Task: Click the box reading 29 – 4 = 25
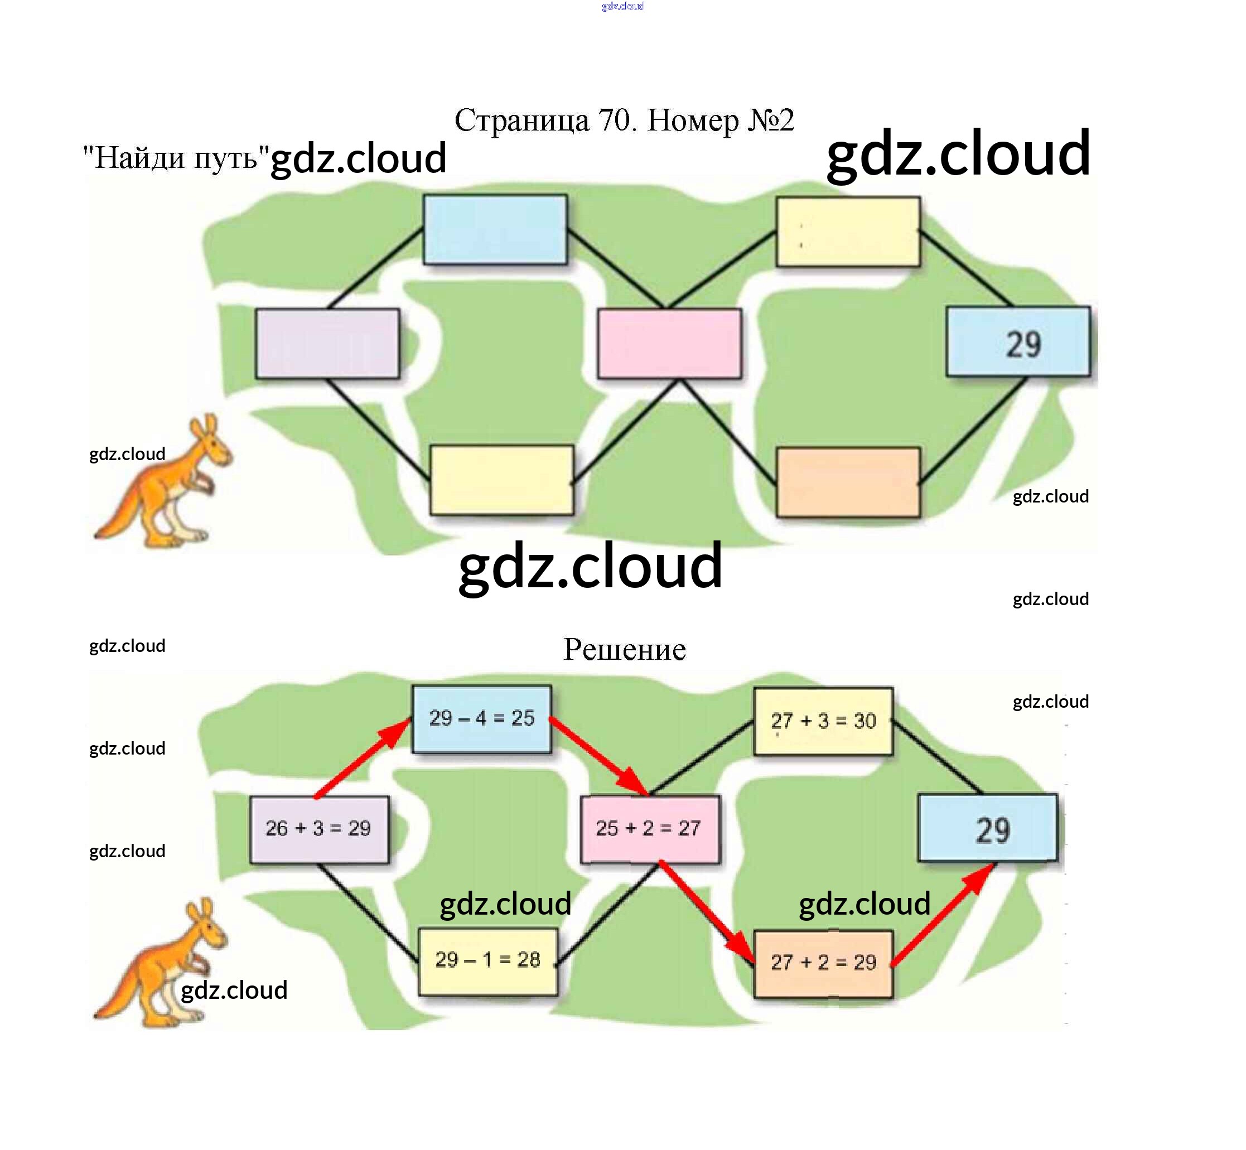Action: pyautogui.click(x=482, y=719)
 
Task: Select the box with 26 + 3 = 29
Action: pyautogui.click(x=318, y=829)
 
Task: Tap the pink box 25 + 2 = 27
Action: pyautogui.click(x=649, y=829)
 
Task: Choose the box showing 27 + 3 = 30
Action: pyautogui.click(x=823, y=721)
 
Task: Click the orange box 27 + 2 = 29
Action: pyautogui.click(x=823, y=964)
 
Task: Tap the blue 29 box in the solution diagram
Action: pyautogui.click(x=988, y=828)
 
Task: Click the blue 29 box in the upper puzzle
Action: pyautogui.click(x=1018, y=342)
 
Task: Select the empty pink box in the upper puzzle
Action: pyautogui.click(x=669, y=344)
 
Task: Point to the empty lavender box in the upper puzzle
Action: pyautogui.click(x=327, y=344)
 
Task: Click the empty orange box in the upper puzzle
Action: pyautogui.click(x=848, y=482)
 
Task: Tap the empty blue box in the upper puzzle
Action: pyautogui.click(x=495, y=230)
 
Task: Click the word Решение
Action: pyautogui.click(x=624, y=650)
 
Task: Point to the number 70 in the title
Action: pyautogui.click(x=614, y=120)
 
